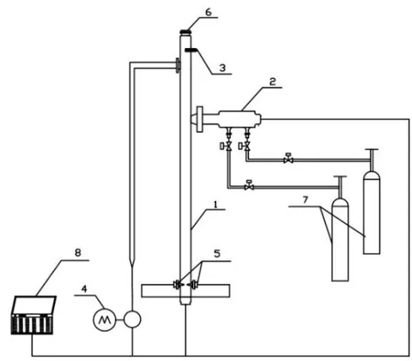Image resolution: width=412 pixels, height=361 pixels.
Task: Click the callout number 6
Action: click(x=208, y=13)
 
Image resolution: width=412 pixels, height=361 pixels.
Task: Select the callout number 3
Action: click(x=222, y=68)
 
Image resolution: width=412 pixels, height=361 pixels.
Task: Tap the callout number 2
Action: click(x=272, y=82)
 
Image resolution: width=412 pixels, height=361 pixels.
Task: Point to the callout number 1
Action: click(x=215, y=204)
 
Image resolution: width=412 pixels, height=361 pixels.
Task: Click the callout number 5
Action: click(x=217, y=254)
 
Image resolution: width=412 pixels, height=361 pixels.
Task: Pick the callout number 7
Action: click(x=306, y=200)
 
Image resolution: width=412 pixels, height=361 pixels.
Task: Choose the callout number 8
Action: click(x=77, y=252)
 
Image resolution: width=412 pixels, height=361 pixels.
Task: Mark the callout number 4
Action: click(x=84, y=288)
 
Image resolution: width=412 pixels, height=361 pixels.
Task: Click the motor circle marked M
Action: click(x=105, y=320)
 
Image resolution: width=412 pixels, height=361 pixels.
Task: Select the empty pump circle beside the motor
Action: click(x=132, y=320)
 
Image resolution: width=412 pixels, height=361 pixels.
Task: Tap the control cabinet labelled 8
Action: click(x=33, y=315)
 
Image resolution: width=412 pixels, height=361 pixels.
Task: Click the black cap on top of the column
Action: click(x=185, y=32)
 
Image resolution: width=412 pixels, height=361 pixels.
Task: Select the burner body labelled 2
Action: click(x=239, y=119)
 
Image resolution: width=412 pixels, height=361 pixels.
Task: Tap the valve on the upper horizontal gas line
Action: click(x=288, y=159)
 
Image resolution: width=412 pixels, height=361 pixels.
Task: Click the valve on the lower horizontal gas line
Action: click(x=249, y=186)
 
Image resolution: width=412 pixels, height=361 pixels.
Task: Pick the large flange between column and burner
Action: click(x=200, y=119)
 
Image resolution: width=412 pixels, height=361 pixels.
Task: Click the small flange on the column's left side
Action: click(x=178, y=65)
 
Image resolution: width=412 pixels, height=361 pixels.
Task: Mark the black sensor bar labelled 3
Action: click(x=191, y=51)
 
